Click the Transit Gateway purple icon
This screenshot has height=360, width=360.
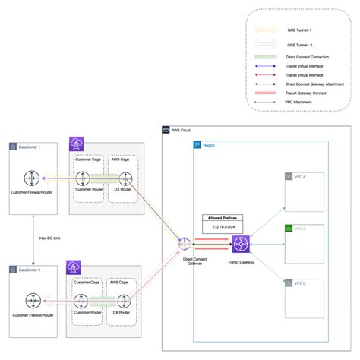pos(242,245)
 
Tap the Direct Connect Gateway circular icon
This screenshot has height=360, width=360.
pos(184,244)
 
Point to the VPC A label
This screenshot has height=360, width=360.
pos(300,176)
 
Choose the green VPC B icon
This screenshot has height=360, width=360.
pos(288,229)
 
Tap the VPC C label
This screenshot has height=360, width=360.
pos(300,283)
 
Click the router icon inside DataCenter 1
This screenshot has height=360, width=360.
pos(32,180)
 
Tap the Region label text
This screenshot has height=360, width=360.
pos(209,144)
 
